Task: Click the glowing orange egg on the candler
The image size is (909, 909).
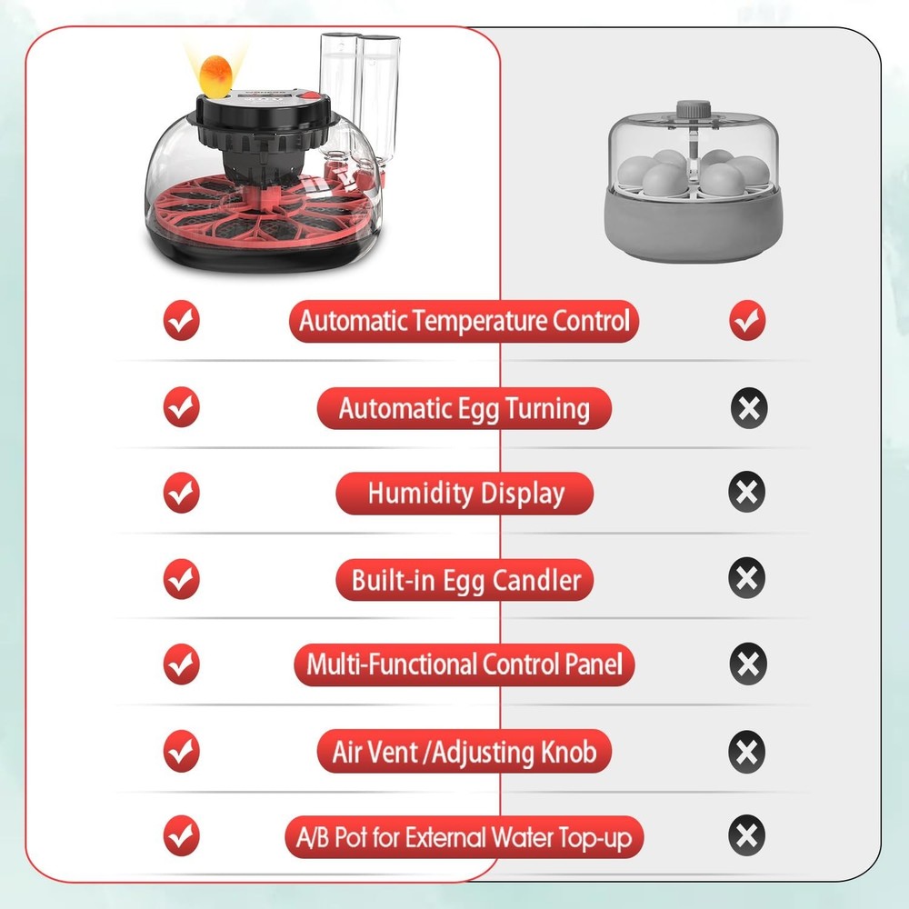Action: tap(217, 74)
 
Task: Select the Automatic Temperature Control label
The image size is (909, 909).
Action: tap(464, 321)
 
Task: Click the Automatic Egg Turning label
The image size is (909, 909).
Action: tap(464, 408)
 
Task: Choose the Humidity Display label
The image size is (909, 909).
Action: tap(464, 494)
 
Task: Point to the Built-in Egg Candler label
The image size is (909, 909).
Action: tap(464, 580)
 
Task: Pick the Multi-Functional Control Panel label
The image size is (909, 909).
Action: tap(464, 664)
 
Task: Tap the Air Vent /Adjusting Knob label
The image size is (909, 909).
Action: tap(464, 752)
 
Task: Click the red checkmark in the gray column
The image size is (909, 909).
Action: tap(747, 321)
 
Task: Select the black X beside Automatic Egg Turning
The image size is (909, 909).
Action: tap(748, 408)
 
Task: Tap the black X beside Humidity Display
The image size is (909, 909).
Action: tap(747, 494)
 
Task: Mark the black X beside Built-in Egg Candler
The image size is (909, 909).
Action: tap(747, 579)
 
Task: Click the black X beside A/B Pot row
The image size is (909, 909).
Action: tap(747, 836)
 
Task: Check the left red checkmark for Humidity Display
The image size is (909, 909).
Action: tap(181, 494)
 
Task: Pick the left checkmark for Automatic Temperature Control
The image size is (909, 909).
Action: tap(181, 321)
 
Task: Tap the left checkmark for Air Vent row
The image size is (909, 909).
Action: tap(181, 752)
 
